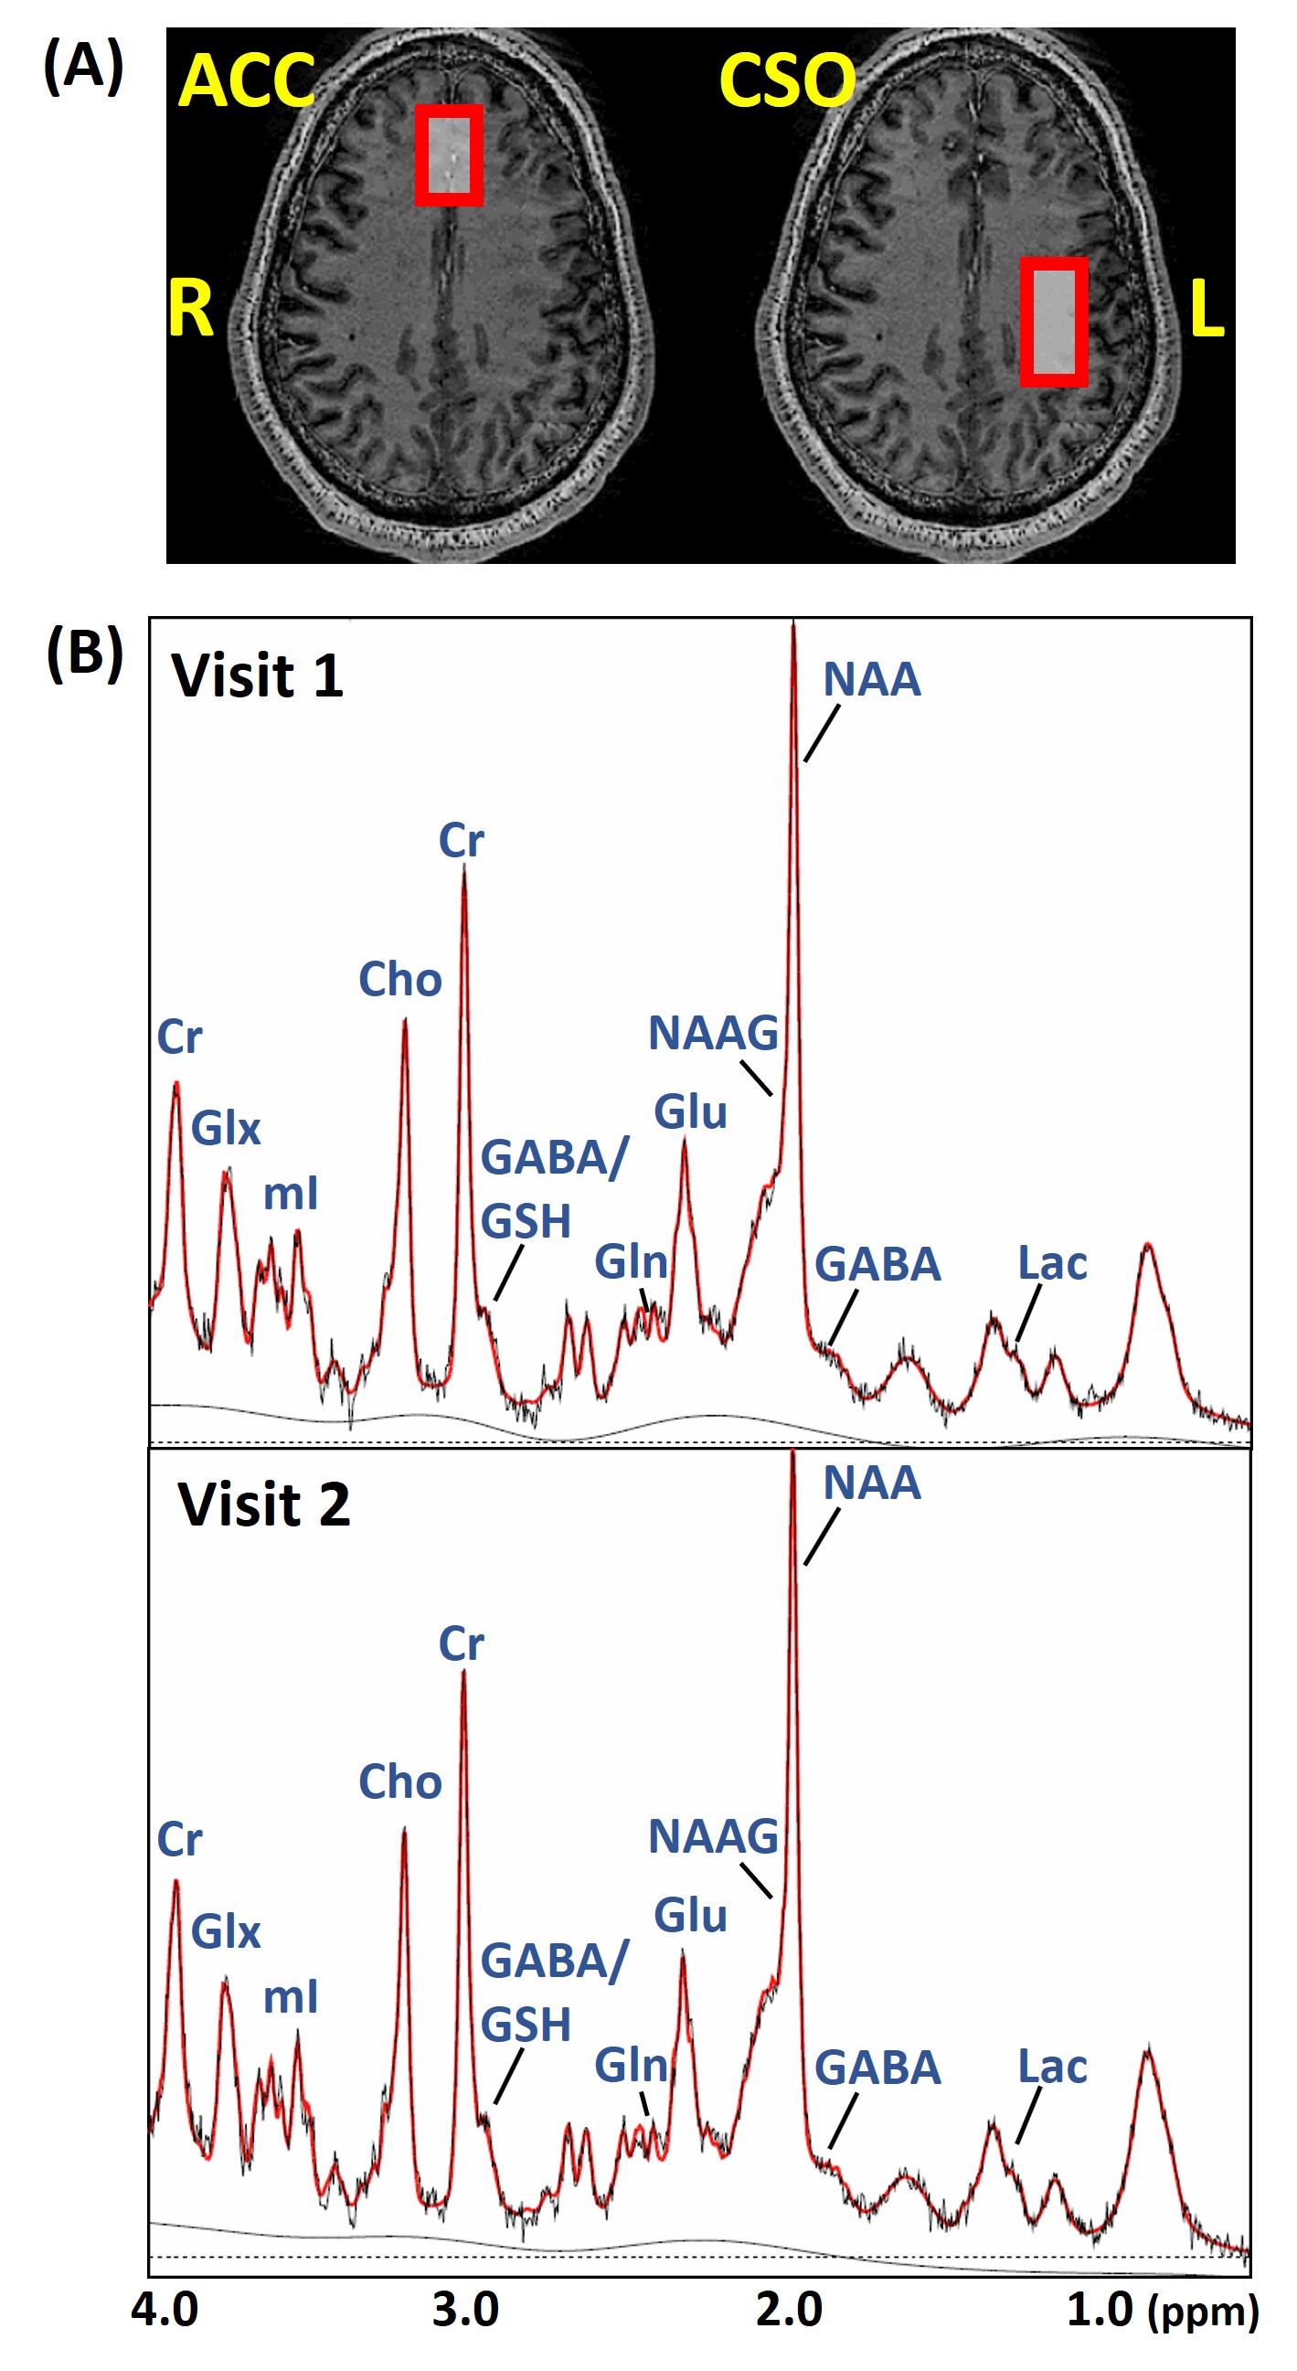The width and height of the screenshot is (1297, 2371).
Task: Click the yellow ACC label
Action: click(246, 80)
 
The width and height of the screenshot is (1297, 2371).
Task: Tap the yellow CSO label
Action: click(786, 80)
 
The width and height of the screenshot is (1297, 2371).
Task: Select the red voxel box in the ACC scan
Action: click(448, 154)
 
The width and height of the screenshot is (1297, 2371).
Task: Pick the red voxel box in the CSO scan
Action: click(1053, 321)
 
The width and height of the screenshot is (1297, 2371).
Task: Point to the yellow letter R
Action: click(189, 308)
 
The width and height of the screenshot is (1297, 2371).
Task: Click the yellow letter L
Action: click(1206, 308)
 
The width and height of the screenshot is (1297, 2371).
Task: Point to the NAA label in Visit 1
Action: click(871, 679)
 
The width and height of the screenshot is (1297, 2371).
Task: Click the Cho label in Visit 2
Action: click(399, 1781)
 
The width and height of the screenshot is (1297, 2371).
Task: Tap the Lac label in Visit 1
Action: click(1052, 1263)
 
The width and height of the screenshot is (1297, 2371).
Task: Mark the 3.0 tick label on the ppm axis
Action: click(465, 2310)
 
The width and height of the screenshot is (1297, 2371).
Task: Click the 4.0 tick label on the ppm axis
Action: click(164, 2310)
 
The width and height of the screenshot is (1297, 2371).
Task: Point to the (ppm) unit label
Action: click(1203, 2313)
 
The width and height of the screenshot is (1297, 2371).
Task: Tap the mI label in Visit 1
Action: click(290, 1194)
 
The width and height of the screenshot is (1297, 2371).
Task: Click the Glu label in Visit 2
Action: click(689, 1916)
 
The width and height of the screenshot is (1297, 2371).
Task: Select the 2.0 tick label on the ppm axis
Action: click(789, 2310)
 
